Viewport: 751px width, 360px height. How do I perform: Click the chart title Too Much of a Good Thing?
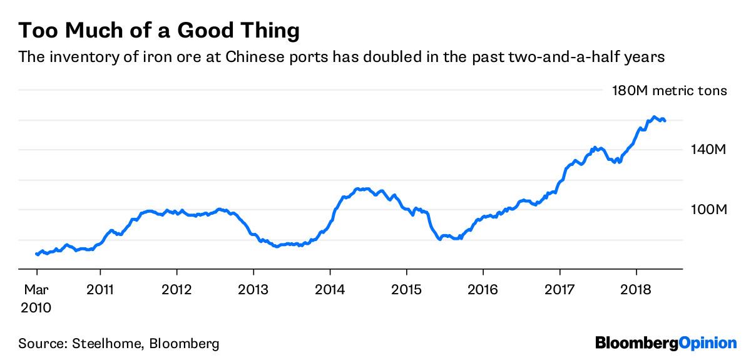tap(159, 29)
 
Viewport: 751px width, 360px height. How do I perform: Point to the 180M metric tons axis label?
tap(669, 91)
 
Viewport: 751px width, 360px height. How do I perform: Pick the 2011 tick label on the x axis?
tap(100, 291)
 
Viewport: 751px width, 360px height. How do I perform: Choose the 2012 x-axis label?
tap(177, 291)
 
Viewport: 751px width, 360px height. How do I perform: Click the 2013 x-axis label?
tap(253, 291)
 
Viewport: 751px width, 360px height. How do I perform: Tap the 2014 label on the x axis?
tap(330, 291)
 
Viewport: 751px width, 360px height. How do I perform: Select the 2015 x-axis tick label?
tap(406, 291)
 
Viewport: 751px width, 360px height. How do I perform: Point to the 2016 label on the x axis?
tap(483, 291)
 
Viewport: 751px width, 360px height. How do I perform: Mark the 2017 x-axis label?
tap(559, 291)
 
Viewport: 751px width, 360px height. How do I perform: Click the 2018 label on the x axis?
tap(636, 291)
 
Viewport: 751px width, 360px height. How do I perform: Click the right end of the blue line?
tap(665, 120)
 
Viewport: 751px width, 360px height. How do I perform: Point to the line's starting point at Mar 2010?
tap(36, 254)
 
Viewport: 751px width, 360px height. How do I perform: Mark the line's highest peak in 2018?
tap(654, 117)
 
